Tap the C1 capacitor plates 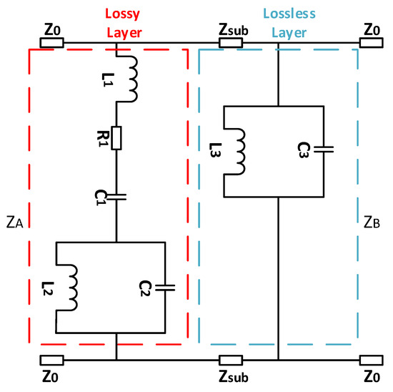tap(116, 193)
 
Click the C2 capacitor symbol tap(165, 288)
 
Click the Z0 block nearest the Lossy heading tap(52, 41)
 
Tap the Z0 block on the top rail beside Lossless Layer tap(370, 41)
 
